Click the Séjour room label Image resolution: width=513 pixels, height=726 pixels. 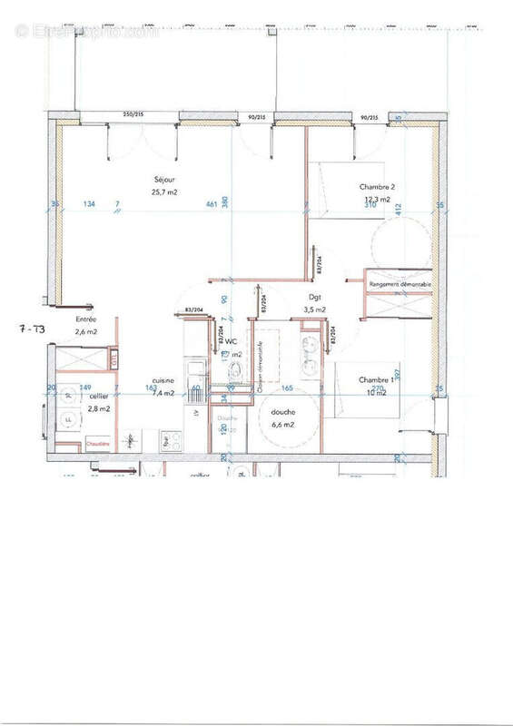click(163, 180)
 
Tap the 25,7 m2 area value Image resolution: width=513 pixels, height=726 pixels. click(163, 191)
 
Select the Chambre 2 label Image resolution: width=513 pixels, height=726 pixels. click(377, 187)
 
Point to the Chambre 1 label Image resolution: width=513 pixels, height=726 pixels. click(376, 378)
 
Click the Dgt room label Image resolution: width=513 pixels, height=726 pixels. click(315, 298)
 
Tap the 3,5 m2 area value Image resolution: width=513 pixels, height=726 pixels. click(314, 309)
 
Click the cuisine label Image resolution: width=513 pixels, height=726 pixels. click(163, 382)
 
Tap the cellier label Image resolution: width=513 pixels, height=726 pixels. click(98, 397)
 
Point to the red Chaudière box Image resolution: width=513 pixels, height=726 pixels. click(98, 443)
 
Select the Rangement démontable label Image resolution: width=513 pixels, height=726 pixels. click(400, 284)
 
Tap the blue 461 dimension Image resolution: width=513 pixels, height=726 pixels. click(212, 205)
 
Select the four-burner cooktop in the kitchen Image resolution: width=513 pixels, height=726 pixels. click(170, 443)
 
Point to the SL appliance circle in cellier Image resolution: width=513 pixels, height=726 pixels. click(68, 396)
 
